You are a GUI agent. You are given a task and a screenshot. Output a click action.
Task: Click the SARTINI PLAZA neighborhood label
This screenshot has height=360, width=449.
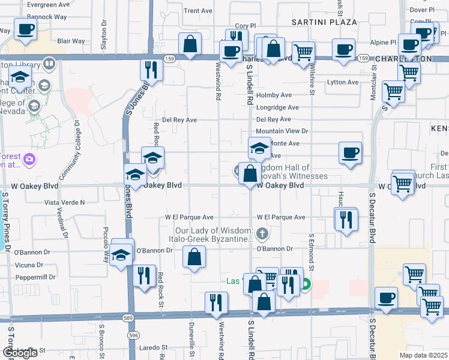point(324,22)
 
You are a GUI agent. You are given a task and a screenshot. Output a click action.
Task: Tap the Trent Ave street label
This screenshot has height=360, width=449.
point(198,11)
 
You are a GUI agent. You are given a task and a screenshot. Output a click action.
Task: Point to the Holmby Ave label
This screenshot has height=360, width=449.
point(274,95)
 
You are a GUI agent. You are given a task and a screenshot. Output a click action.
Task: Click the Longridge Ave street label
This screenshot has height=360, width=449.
point(277,108)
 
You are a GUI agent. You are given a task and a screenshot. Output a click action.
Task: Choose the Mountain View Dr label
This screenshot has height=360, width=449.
point(282,131)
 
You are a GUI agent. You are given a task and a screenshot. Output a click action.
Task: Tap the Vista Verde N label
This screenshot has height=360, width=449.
point(65,203)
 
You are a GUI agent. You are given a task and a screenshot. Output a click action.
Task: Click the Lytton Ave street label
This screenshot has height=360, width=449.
point(342,82)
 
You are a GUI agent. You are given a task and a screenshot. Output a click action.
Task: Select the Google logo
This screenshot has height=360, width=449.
point(20,352)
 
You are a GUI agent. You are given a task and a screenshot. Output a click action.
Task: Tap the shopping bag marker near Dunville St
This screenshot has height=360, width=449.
point(194,258)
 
